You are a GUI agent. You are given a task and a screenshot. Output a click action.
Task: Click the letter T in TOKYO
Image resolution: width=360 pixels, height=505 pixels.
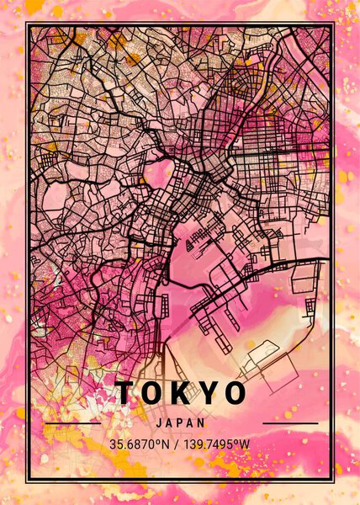click(x=124, y=392)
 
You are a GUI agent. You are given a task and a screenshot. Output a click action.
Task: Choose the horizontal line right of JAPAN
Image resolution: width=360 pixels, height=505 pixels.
click(x=290, y=423)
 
